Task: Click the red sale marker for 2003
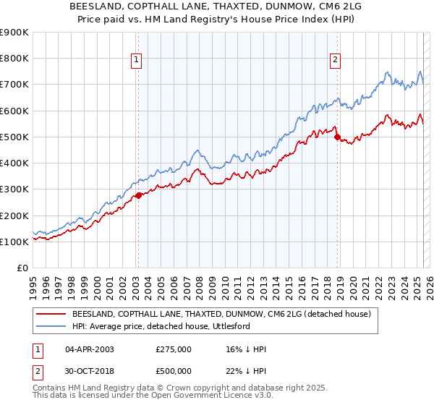[138, 195]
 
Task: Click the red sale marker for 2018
[337, 137]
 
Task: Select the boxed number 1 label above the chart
[137, 61]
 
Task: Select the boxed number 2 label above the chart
[336, 61]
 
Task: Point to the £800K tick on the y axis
[14, 59]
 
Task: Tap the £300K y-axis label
[14, 189]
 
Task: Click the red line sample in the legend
[51, 314]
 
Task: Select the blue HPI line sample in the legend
[51, 327]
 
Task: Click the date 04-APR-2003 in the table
[90, 349]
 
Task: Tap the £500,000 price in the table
[173, 371]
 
